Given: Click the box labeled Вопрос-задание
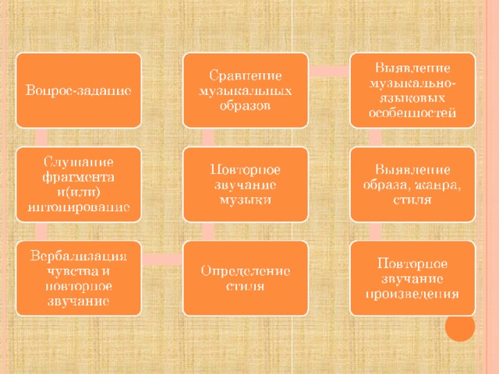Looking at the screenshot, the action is [x=79, y=90].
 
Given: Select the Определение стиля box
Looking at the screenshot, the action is [x=246, y=278].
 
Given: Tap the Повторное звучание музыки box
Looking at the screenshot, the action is [x=246, y=185].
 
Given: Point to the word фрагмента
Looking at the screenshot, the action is [x=78, y=177].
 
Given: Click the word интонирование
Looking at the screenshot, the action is [x=79, y=207].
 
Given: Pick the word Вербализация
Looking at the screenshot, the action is [x=79, y=256].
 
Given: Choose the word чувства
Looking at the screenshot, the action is [x=69, y=271].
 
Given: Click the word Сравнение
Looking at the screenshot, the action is [x=246, y=76].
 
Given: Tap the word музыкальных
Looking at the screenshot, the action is [x=246, y=91].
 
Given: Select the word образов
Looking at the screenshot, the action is [x=245, y=106].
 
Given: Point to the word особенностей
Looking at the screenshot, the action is [x=412, y=113].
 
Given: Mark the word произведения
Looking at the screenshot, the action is [x=412, y=294].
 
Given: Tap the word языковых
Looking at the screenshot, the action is [x=412, y=98].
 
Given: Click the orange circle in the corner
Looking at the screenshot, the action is [x=460, y=326].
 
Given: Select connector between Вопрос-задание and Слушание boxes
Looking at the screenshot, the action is [x=41, y=137].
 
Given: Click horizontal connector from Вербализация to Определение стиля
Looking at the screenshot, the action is [x=162, y=259].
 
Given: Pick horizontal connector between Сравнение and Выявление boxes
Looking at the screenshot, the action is [x=329, y=71].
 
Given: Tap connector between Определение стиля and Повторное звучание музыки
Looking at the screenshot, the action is [x=208, y=231].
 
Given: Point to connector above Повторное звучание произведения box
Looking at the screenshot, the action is [x=375, y=231].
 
